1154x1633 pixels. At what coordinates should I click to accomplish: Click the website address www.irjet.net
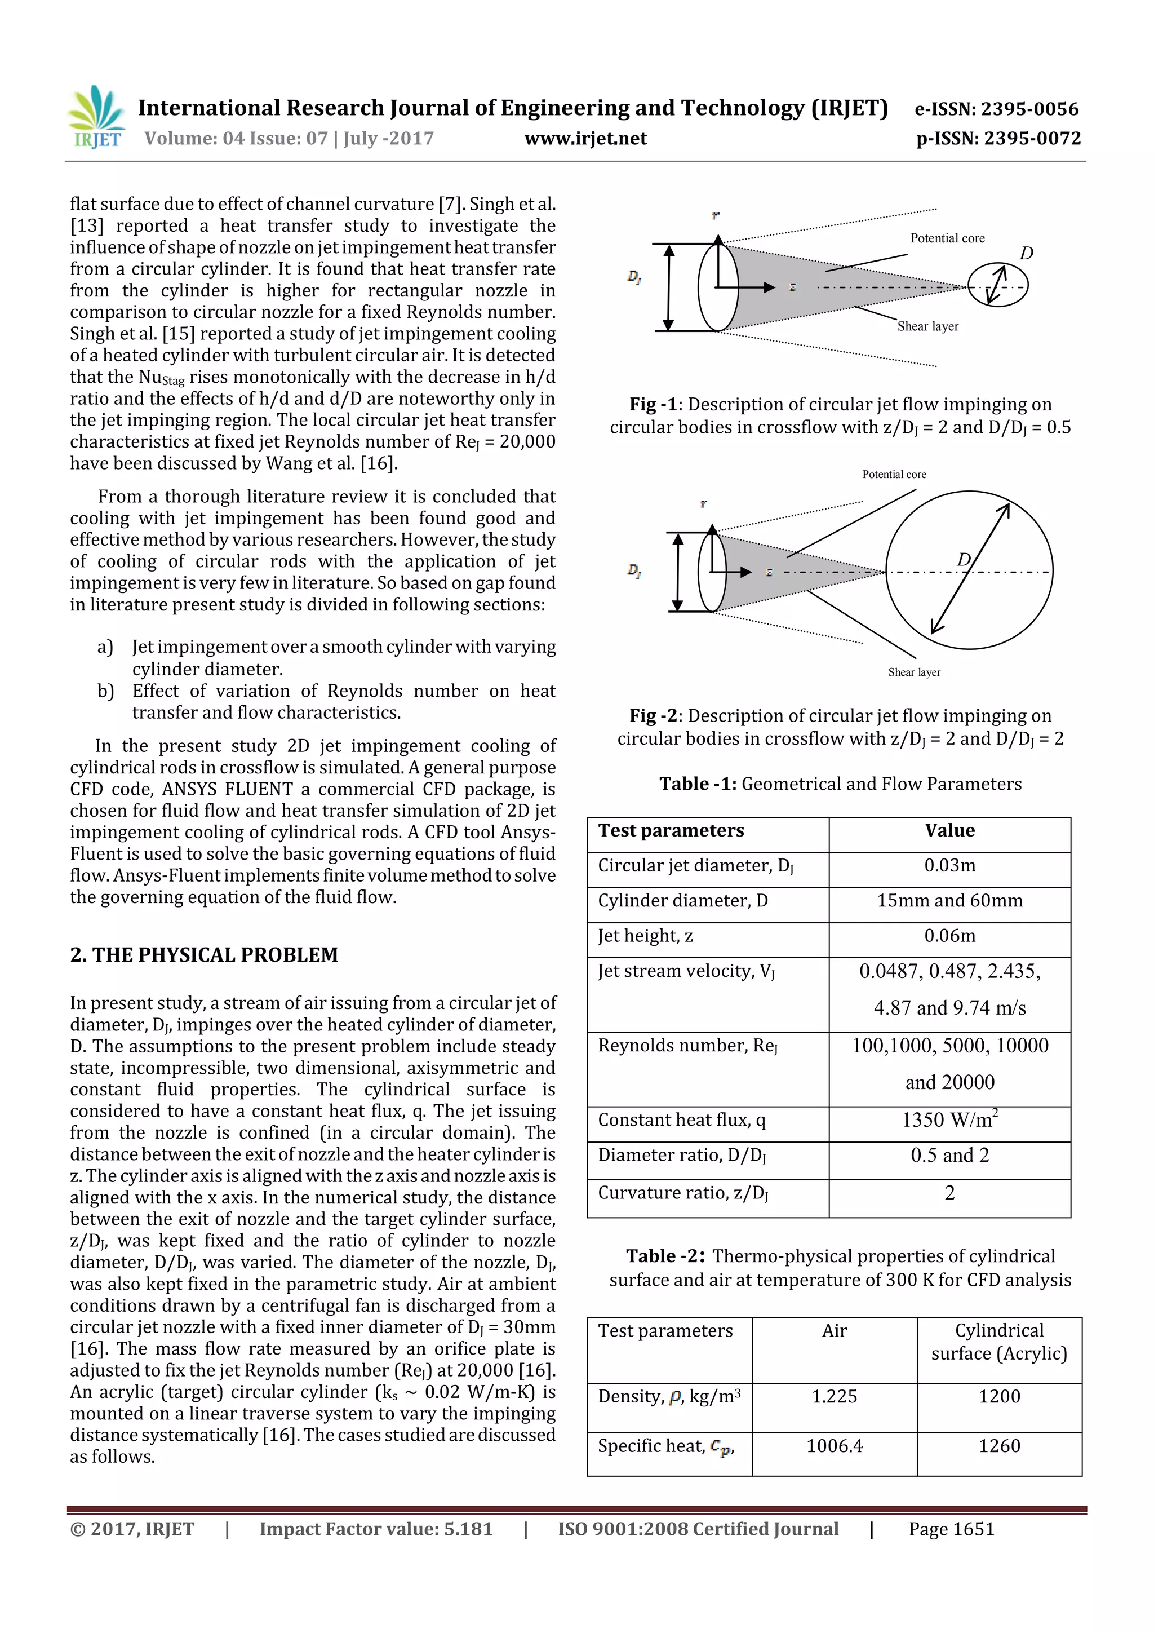pyautogui.click(x=585, y=138)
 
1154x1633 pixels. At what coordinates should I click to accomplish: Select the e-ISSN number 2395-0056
pyautogui.click(x=1029, y=109)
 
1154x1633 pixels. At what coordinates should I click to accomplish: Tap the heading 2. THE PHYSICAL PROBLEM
pyautogui.click(x=204, y=954)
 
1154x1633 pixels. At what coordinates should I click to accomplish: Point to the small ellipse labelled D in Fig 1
pyautogui.click(x=997, y=285)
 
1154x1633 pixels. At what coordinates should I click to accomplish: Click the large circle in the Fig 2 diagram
pyautogui.click(x=969, y=570)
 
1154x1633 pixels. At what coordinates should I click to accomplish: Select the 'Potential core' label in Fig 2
pyautogui.click(x=894, y=475)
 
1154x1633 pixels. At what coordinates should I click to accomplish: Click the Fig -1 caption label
pyautogui.click(x=652, y=405)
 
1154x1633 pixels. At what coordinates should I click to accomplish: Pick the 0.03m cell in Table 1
pyautogui.click(x=949, y=866)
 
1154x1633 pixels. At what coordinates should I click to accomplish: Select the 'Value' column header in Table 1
pyautogui.click(x=949, y=831)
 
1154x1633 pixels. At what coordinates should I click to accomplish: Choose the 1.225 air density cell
pyautogui.click(x=834, y=1396)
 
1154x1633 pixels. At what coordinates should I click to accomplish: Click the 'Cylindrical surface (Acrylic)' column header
pyautogui.click(x=999, y=1342)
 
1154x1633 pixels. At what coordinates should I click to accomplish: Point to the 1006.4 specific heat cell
pyautogui.click(x=834, y=1446)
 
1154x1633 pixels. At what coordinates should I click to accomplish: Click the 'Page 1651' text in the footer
pyautogui.click(x=951, y=1529)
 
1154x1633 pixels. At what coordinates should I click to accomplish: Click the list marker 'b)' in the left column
pyautogui.click(x=105, y=691)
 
